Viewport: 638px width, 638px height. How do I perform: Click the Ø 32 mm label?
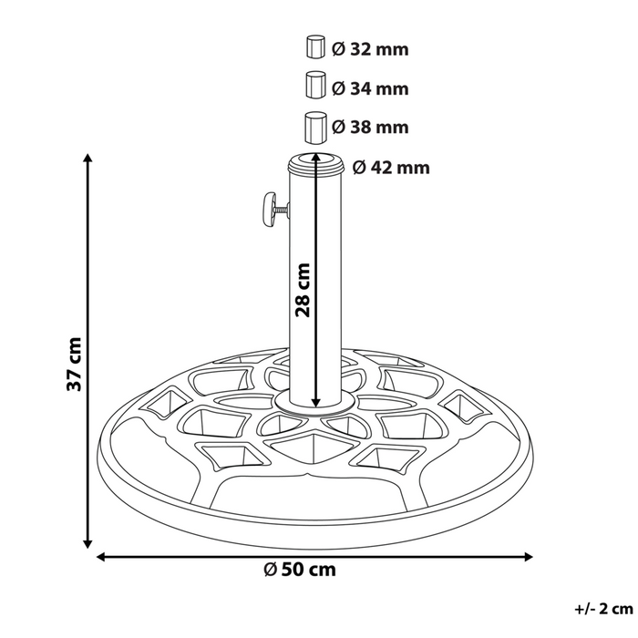(370, 51)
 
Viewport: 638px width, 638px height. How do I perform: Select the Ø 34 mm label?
(370, 89)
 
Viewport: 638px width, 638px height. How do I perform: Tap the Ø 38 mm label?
(370, 127)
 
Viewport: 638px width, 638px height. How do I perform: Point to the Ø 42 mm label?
(390, 168)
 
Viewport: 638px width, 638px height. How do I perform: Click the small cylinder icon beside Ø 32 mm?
(314, 47)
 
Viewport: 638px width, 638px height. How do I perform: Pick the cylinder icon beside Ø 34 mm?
(314, 84)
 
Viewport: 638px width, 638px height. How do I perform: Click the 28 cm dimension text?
(303, 289)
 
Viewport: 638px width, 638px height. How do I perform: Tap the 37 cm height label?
(74, 364)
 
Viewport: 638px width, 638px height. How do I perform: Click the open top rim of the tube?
(315, 163)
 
